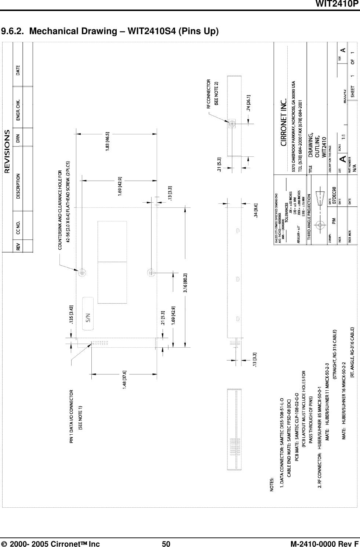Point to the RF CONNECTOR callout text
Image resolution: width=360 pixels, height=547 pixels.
coord(208,94)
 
